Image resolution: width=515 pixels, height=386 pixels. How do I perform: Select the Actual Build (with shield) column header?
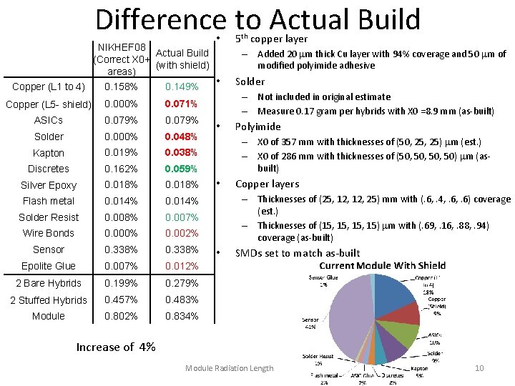point(182,59)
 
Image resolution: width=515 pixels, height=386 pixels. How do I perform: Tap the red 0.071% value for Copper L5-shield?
point(182,104)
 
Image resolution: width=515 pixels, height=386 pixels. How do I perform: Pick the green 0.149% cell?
point(182,87)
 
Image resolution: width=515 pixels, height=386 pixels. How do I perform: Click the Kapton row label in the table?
point(49,153)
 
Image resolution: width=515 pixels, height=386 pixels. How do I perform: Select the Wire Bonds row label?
point(49,233)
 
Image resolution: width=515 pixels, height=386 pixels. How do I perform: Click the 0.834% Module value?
point(182,316)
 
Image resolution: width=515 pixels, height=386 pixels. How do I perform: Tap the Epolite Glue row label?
point(49,266)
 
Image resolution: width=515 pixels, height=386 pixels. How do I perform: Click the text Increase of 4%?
point(116,347)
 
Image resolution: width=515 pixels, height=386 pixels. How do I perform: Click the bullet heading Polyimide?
point(258,127)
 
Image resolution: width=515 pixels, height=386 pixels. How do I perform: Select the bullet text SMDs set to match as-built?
point(298,253)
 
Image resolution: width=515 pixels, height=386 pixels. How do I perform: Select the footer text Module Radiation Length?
point(229,368)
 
